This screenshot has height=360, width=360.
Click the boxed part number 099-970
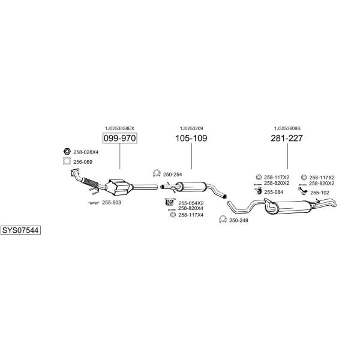tap(119, 139)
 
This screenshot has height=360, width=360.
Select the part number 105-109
tap(191, 139)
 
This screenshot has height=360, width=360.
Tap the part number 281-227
tap(287, 139)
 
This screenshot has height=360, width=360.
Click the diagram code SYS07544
tap(20, 230)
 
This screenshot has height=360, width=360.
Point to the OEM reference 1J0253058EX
tap(119, 128)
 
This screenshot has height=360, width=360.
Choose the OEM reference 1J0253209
tap(191, 128)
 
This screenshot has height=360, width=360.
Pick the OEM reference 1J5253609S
tap(287, 128)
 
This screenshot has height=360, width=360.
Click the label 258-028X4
tap(86, 152)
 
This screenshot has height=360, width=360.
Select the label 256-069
tap(83, 161)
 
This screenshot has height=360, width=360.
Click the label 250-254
tap(172, 174)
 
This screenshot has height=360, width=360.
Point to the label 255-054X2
tap(191, 203)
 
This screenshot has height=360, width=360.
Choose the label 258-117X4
tap(191, 215)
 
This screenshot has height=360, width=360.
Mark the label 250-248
tap(238, 220)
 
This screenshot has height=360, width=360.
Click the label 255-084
tap(274, 192)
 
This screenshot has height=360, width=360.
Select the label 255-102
tap(319, 192)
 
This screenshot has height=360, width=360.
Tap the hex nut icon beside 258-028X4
tap(67, 152)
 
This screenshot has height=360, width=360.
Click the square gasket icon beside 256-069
tap(67, 161)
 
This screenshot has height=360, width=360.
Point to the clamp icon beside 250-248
tap(222, 220)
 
